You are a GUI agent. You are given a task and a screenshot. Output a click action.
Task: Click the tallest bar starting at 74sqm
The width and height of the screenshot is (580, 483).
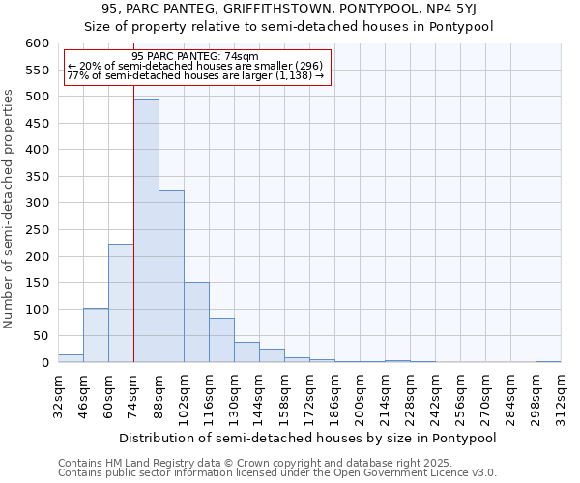(x=146, y=231)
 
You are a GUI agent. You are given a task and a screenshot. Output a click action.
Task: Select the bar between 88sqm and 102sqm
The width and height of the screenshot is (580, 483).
(x=171, y=276)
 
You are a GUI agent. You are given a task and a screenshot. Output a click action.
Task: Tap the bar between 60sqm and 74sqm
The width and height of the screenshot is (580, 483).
(x=121, y=303)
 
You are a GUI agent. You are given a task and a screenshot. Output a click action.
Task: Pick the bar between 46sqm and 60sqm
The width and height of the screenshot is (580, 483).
(x=96, y=335)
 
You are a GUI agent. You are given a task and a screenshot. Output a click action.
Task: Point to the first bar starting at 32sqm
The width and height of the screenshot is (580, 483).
(x=71, y=357)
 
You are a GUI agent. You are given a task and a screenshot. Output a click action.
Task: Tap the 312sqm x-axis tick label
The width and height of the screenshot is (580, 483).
(x=561, y=396)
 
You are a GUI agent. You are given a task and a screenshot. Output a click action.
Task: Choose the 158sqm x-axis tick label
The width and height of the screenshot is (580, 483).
(x=284, y=396)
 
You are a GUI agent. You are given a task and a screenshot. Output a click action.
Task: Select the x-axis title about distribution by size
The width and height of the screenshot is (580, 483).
(x=308, y=438)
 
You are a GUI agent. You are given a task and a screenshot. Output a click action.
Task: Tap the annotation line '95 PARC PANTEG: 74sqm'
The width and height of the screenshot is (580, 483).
(x=195, y=57)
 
